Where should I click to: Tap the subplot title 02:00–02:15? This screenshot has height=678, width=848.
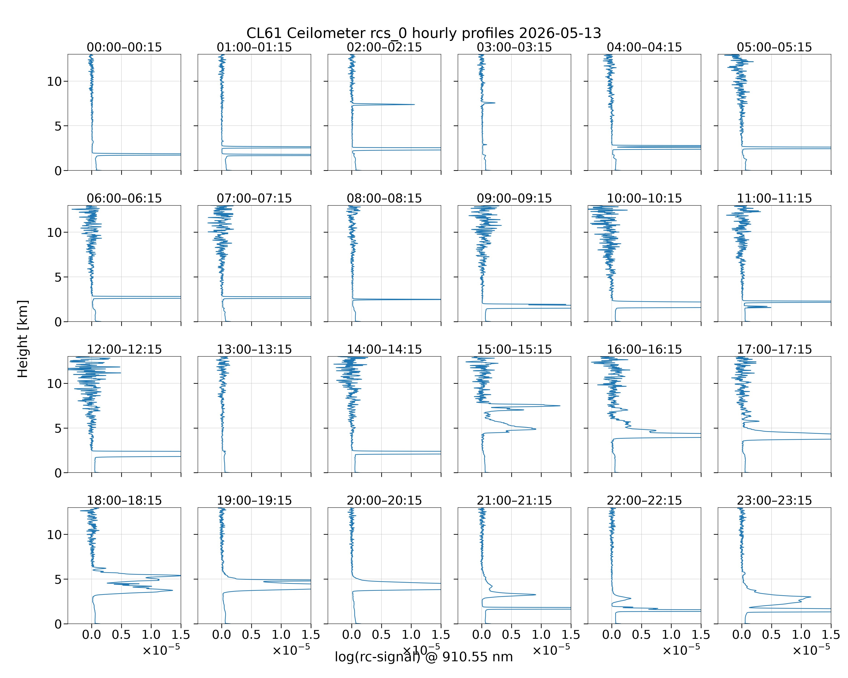tap(384, 47)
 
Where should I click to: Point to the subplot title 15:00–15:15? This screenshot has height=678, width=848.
tap(514, 349)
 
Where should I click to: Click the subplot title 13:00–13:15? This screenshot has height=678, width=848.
tap(254, 349)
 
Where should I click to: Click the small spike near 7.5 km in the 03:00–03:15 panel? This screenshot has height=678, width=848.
tap(494, 103)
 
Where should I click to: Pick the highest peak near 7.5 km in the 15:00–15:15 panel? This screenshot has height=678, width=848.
tap(559, 406)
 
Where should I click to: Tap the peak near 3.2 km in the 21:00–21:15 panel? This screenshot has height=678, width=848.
tap(535, 595)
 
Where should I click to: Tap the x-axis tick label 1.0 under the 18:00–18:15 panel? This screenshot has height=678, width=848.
tap(151, 635)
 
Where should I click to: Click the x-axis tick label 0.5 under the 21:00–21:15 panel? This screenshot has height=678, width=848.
tap(511, 635)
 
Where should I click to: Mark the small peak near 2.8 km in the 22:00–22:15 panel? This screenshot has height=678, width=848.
tap(630, 599)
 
